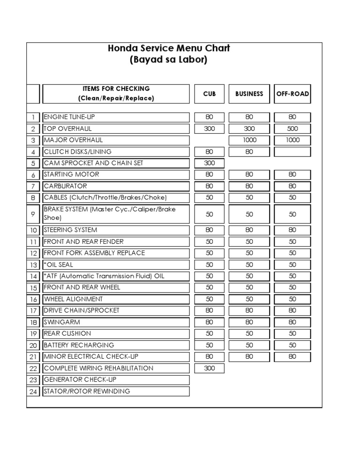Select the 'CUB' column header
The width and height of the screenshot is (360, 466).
point(210,94)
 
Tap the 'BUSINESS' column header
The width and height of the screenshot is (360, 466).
point(249,94)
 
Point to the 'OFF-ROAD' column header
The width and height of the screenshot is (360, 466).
point(292,94)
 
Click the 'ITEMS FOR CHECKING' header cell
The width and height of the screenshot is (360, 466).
point(116,93)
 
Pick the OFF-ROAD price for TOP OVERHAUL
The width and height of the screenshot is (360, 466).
point(292,128)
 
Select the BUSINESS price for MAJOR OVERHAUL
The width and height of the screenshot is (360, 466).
point(249,140)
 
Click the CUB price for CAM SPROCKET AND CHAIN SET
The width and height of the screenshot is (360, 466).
point(210,163)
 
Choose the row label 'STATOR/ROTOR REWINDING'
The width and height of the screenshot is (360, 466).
point(87,391)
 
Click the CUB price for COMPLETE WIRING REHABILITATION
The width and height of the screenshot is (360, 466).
point(210,368)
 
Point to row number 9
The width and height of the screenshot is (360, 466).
point(33,214)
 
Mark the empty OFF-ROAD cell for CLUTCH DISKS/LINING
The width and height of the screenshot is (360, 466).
point(292,152)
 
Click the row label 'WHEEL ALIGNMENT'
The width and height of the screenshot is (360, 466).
point(73,299)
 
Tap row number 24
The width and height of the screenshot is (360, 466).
point(33,391)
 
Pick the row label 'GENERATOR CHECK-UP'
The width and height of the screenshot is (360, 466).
point(77,380)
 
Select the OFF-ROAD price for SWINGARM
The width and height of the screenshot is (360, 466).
point(292,322)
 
